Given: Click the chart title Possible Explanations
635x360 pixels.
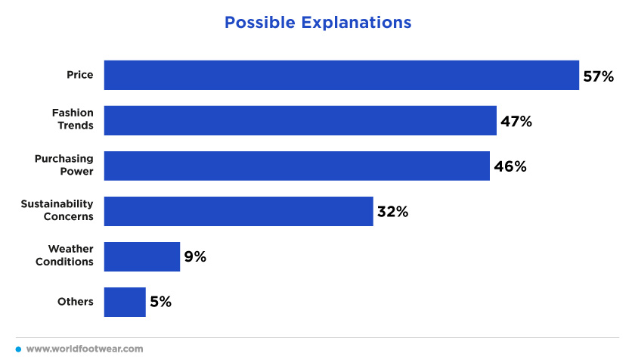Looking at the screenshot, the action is tap(318, 23).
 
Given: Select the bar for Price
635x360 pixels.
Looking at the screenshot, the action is tap(342, 76).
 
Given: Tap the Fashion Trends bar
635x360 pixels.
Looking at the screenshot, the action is tap(300, 121).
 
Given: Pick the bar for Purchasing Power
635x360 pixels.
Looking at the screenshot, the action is tap(297, 166).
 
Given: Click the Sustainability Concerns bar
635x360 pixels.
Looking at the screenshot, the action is tap(239, 211).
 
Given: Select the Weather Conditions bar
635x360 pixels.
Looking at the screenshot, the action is tap(142, 256).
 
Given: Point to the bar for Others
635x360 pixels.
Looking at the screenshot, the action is tap(125, 302).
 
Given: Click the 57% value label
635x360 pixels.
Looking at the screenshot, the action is tap(598, 76).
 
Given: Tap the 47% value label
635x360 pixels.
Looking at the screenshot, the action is tap(516, 122).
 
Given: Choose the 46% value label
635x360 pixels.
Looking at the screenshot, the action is tap(510, 166).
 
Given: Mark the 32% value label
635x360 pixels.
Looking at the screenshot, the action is tap(392, 212).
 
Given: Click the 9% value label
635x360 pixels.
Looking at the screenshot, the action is tap(195, 256).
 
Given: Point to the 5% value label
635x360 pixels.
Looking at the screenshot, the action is tap(161, 302).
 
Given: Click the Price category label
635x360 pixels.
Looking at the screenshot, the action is tap(80, 75).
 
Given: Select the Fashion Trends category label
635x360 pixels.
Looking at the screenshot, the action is tap(73, 119).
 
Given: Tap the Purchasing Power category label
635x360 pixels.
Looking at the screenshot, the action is tap(64, 165).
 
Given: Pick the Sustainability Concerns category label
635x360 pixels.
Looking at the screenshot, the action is tap(57, 210).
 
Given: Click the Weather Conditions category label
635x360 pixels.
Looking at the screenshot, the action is tap(64, 255).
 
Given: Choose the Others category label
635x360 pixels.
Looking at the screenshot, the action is tap(76, 302).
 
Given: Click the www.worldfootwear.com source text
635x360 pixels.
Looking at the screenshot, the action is tap(85, 349).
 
